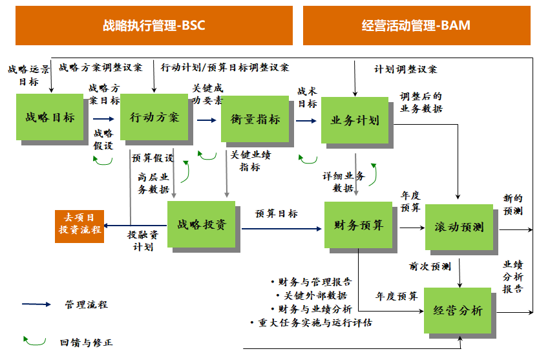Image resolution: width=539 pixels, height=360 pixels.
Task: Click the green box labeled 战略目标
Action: (x=50, y=118)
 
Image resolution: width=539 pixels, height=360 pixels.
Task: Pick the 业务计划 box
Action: (x=355, y=120)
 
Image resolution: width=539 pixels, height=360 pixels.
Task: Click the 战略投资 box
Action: (x=202, y=224)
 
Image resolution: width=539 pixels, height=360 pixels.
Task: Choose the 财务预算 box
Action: (x=359, y=225)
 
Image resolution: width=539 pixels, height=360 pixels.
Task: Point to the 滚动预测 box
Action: (x=460, y=227)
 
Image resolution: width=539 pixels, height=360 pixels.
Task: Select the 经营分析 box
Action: (x=459, y=311)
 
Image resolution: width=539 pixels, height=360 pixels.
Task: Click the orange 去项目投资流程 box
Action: (x=79, y=224)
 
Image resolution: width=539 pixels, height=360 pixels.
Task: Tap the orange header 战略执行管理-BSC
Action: (x=154, y=26)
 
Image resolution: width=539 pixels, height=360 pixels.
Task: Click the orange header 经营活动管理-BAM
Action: (x=416, y=26)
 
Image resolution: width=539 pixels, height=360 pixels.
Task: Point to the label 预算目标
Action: (x=277, y=213)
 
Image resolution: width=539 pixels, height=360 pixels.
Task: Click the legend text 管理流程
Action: (x=86, y=304)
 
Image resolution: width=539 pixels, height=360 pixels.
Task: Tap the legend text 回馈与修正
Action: (x=82, y=343)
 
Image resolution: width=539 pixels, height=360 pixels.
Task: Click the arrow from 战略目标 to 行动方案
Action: (x=103, y=119)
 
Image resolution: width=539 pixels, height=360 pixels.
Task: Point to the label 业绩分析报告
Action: (x=514, y=277)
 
